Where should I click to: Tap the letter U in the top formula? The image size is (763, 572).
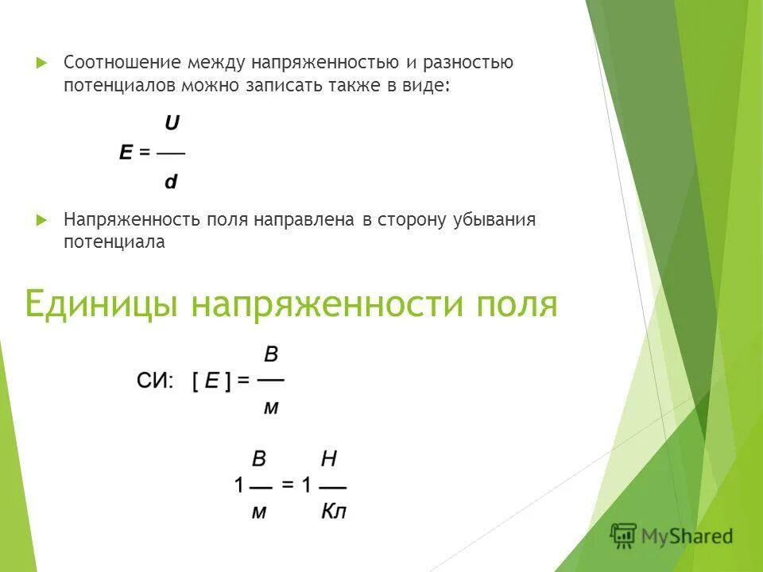pos(172,123)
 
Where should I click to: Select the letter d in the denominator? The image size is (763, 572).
pos(171,182)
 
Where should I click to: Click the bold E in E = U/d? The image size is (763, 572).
pos(126,153)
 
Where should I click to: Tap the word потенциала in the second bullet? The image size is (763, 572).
pos(114,243)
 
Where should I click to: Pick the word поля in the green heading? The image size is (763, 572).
pos(517,304)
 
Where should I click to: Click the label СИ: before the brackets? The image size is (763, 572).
pos(154,381)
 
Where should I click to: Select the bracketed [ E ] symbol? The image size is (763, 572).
pos(211,381)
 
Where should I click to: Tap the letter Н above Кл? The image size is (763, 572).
pos(329,458)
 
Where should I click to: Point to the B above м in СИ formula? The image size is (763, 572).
pos(271,354)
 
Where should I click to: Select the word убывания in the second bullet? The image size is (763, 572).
pos(497,220)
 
